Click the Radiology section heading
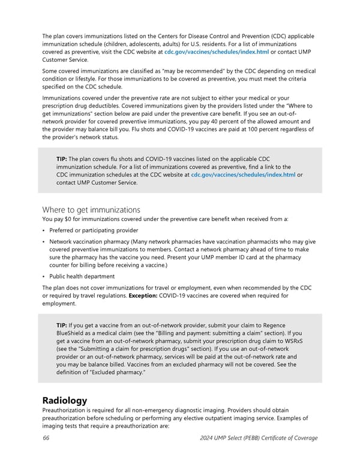point(65,400)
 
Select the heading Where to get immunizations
point(91,210)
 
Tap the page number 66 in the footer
point(46,438)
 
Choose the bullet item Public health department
point(82,276)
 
